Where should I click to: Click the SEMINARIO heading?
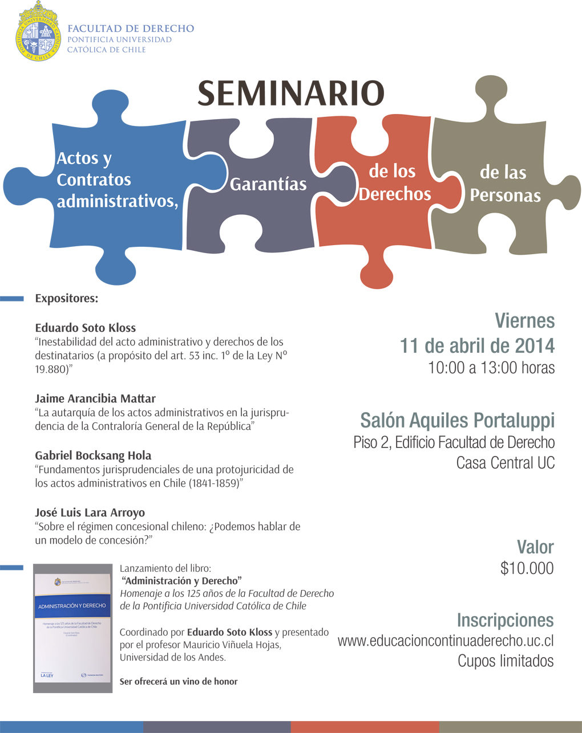pyautogui.click(x=291, y=93)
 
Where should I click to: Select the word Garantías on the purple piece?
pyautogui.click(x=268, y=184)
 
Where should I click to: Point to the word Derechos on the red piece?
pyautogui.click(x=395, y=194)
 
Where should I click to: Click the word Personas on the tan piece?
pyautogui.click(x=505, y=195)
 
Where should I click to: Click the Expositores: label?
pyautogui.click(x=66, y=298)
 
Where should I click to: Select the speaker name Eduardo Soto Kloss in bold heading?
pyautogui.click(x=86, y=328)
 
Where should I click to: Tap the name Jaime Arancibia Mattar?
pyautogui.click(x=95, y=398)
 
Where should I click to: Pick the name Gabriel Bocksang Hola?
pyautogui.click(x=93, y=455)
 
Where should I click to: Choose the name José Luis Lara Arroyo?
pyautogui.click(x=90, y=512)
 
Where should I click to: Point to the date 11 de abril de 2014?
pyautogui.click(x=477, y=345)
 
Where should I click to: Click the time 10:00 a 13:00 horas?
pyautogui.click(x=491, y=368)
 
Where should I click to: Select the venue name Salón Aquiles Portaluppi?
pyautogui.click(x=457, y=421)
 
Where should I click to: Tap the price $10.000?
pyautogui.click(x=527, y=568)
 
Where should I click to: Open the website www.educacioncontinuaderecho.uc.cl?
pyautogui.click(x=446, y=641)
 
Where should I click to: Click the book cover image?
pyautogui.click(x=72, y=628)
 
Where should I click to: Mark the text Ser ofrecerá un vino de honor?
pyautogui.click(x=179, y=681)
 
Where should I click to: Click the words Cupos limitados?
pyautogui.click(x=506, y=661)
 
